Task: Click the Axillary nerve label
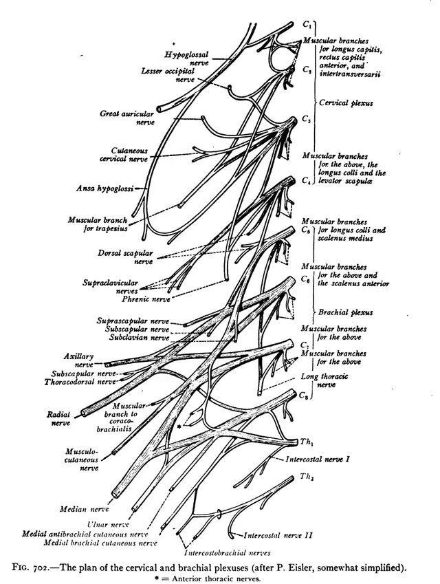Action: [x=78, y=360]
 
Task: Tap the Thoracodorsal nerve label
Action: [x=85, y=382]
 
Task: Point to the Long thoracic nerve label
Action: [x=319, y=382]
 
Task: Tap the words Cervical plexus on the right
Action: [x=346, y=103]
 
